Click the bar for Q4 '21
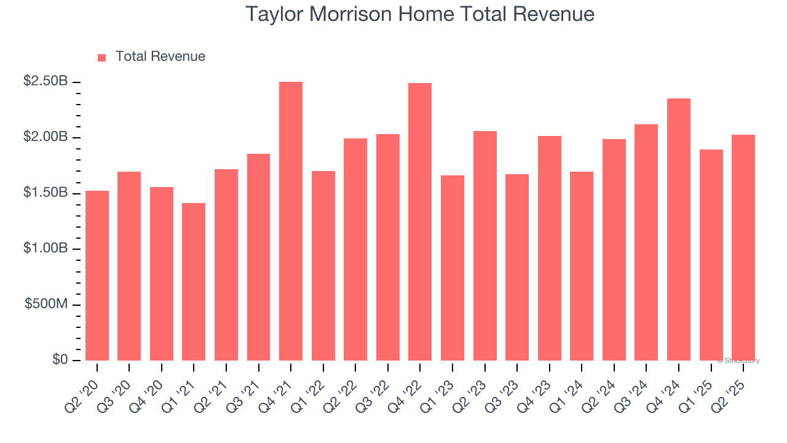(291, 221)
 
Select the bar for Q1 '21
(194, 282)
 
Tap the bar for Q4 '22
(420, 221)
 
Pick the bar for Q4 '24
(679, 229)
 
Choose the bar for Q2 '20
(97, 276)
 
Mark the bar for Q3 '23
(517, 267)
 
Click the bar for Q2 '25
(743, 247)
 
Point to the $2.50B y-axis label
(45, 81)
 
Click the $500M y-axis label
(46, 305)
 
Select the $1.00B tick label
(45, 249)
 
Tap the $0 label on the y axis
(60, 360)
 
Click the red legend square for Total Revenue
(102, 57)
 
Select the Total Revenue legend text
(160, 57)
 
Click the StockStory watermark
(738, 361)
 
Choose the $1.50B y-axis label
(45, 193)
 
